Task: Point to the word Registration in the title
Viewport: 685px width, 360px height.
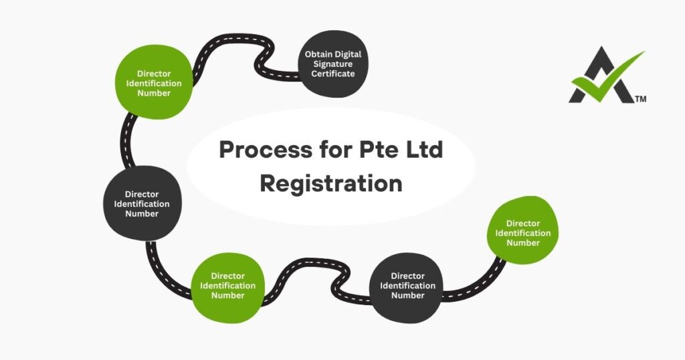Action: tap(331, 183)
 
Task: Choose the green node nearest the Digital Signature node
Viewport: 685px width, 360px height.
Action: tap(154, 84)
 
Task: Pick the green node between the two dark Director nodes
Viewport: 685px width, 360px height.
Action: tap(227, 286)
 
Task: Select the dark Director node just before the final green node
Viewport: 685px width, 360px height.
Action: tap(407, 286)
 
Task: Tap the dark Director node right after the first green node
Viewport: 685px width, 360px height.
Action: tap(141, 203)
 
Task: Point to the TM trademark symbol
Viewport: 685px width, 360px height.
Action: tap(640, 100)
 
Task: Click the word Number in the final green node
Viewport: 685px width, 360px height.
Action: tap(522, 243)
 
